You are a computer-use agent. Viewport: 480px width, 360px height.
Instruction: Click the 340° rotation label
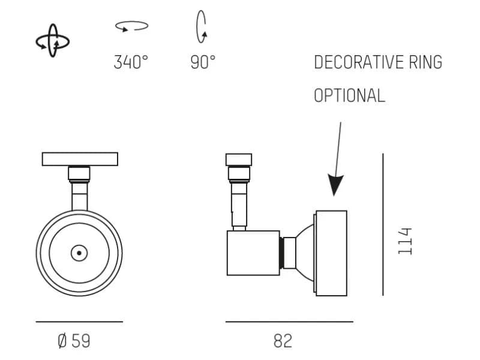pyautogui.click(x=131, y=62)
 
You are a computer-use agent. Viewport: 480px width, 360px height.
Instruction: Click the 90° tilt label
pyautogui.click(x=203, y=62)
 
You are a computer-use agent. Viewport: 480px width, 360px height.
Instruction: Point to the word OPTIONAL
pyautogui.click(x=349, y=95)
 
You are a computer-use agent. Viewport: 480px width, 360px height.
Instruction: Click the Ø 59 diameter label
pyautogui.click(x=74, y=341)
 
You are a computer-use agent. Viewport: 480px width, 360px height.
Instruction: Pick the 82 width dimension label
pyautogui.click(x=283, y=341)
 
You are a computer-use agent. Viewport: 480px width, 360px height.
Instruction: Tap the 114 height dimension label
pyautogui.click(x=405, y=241)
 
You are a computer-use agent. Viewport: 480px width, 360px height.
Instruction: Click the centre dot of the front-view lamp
pyautogui.click(x=79, y=253)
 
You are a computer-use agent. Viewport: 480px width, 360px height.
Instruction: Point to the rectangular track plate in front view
pyautogui.click(x=80, y=159)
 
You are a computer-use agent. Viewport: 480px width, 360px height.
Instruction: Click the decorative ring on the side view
pyautogui.click(x=331, y=253)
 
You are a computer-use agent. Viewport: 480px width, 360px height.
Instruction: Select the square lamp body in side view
pyautogui.click(x=253, y=253)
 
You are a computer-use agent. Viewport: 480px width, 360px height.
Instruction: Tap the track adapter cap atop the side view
pyautogui.click(x=239, y=160)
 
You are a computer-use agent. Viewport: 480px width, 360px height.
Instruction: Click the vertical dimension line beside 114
pyautogui.click(x=383, y=224)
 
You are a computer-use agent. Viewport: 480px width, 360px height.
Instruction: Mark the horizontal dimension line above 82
pyautogui.click(x=289, y=322)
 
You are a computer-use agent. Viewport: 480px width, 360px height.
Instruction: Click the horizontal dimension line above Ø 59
pyautogui.click(x=79, y=322)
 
